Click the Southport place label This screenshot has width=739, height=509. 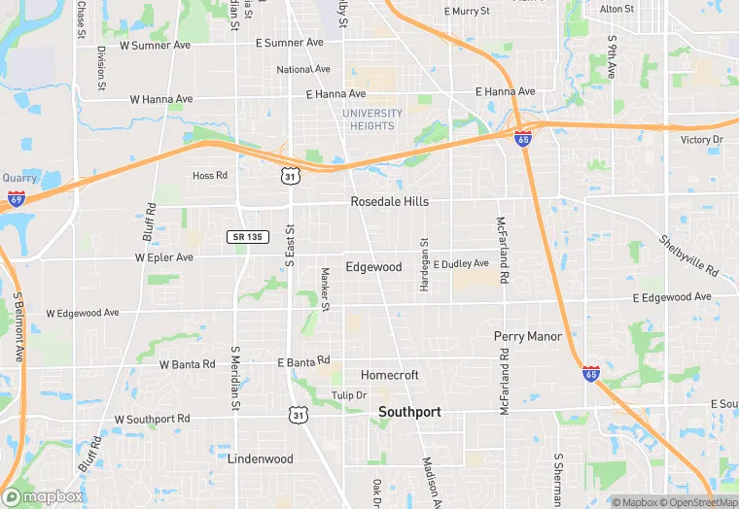(x=409, y=412)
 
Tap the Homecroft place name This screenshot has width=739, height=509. (x=389, y=375)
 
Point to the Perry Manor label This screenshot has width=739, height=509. (x=528, y=337)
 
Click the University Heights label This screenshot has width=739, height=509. (x=371, y=119)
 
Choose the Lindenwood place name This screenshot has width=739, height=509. (x=260, y=458)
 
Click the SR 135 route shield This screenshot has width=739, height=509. (x=248, y=237)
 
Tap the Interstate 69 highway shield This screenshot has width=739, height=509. (x=17, y=198)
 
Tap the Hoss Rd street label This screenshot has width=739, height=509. (x=209, y=176)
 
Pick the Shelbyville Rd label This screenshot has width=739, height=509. (x=687, y=254)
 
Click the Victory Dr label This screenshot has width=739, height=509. (x=702, y=140)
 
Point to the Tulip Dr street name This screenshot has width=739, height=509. (x=348, y=395)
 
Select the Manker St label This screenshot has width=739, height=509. (x=326, y=289)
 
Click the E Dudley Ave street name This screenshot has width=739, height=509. (x=461, y=264)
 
